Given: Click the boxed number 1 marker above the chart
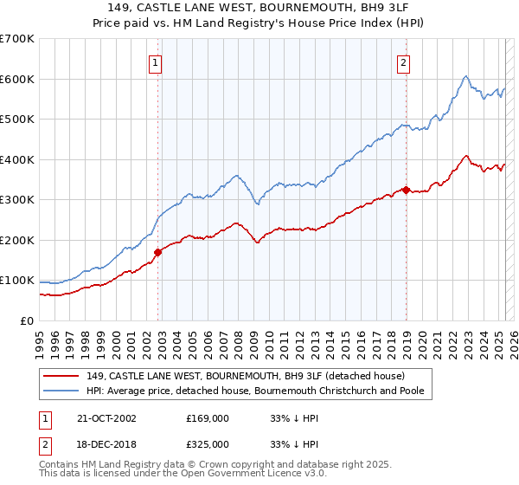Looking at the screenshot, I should [x=155, y=61].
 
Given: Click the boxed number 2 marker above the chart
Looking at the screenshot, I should [x=404, y=61].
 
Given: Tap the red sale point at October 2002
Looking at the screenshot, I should [x=158, y=253].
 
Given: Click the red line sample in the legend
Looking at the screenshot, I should [x=61, y=375].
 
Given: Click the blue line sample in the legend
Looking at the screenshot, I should [x=61, y=391].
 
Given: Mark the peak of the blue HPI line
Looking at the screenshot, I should [x=465, y=76].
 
